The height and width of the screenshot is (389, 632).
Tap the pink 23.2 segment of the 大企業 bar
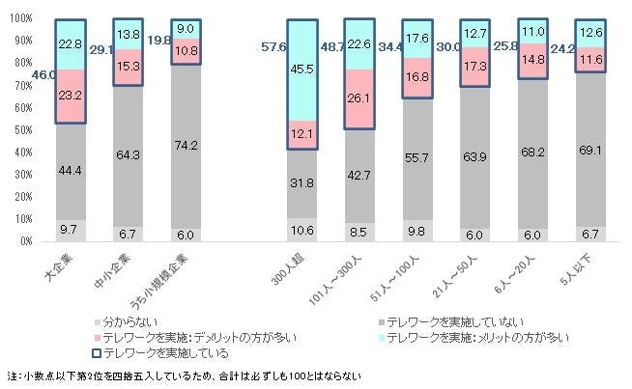click(x=71, y=97)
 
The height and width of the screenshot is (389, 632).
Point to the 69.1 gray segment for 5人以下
click(x=591, y=153)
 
